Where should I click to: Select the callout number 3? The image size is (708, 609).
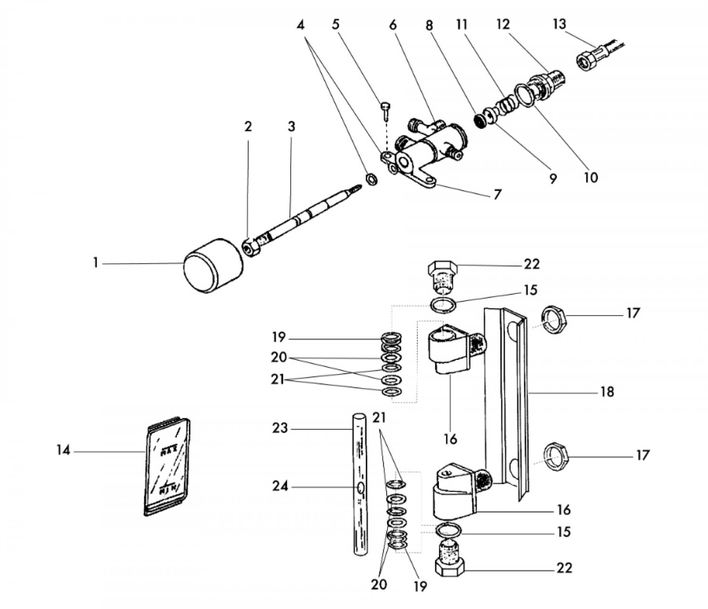[x=291, y=127]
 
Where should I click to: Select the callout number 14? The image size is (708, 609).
[x=63, y=450]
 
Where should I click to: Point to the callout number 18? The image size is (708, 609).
[x=607, y=392]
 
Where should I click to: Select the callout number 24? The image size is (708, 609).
[x=280, y=485]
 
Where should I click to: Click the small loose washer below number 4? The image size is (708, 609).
[x=372, y=179]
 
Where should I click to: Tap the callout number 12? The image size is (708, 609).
[x=503, y=24]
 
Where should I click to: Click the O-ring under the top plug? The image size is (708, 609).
[x=444, y=305]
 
